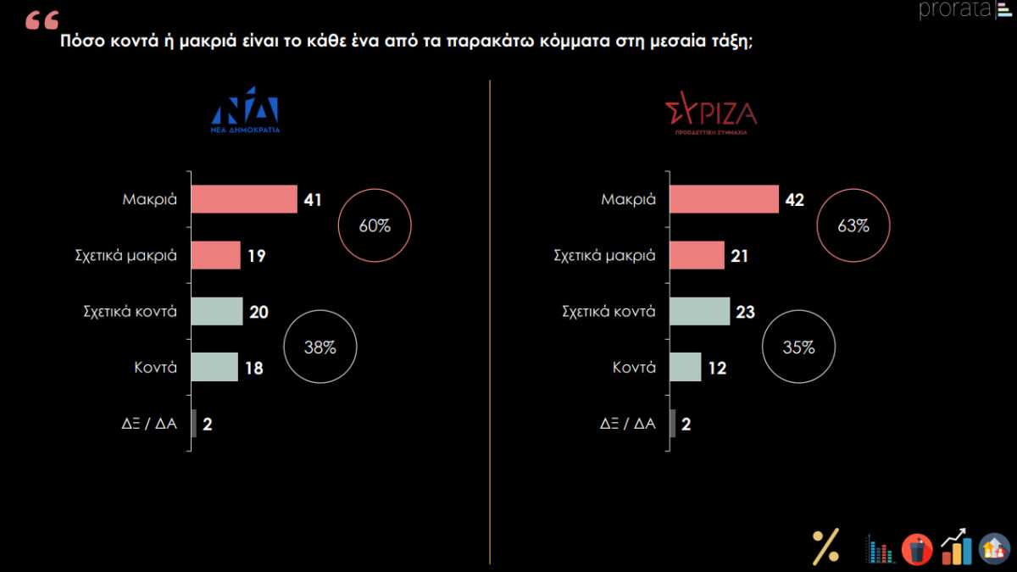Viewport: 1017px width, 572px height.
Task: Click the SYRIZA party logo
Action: tap(710, 118)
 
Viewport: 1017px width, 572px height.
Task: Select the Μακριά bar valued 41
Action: tap(244, 199)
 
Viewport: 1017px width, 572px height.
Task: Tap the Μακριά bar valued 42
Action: tap(724, 199)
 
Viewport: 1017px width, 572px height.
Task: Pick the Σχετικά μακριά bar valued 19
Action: tap(216, 255)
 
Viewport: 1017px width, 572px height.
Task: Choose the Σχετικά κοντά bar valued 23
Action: tap(699, 311)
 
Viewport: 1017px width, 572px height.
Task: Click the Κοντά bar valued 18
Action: tap(214, 367)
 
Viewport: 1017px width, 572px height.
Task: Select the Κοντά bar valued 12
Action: tap(686, 367)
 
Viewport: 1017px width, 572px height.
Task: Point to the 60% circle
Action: tap(375, 226)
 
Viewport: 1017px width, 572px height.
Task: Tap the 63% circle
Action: tap(853, 226)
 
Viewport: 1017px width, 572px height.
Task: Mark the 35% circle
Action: tap(798, 347)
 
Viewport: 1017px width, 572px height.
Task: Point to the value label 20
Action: tap(259, 312)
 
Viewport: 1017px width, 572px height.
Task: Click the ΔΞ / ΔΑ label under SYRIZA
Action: tap(628, 424)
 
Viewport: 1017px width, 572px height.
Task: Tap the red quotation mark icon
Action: tap(41, 21)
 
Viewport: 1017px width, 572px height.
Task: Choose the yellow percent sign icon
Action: tap(825, 546)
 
